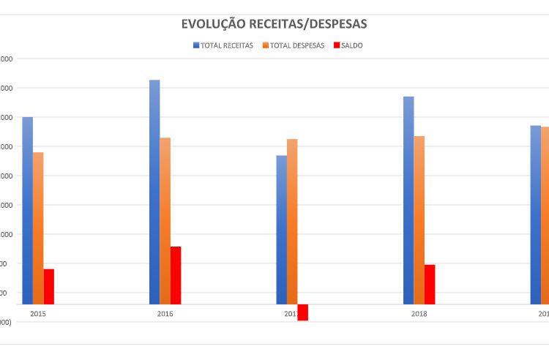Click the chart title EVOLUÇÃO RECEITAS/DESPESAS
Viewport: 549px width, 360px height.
coord(274,24)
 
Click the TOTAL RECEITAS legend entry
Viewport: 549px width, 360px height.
coord(223,45)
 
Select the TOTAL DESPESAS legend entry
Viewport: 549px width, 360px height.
coord(292,45)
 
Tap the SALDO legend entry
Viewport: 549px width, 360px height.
coord(348,45)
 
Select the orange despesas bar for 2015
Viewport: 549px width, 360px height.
coord(38,228)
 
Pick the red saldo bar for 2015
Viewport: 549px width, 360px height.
coord(49,286)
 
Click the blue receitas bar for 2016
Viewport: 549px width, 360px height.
coord(154,192)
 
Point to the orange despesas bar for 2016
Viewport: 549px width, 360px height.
coord(165,220)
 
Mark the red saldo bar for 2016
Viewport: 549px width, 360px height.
coord(176,275)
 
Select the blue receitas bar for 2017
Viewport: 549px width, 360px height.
coord(281,229)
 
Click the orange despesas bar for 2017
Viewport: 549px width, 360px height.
coord(292,221)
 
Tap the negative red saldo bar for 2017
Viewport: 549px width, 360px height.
coord(302,312)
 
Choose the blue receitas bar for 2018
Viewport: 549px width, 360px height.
coord(408,200)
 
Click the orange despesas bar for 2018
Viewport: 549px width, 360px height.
coord(419,220)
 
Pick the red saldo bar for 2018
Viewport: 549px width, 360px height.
coord(430,284)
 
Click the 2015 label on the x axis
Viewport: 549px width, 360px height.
coord(38,314)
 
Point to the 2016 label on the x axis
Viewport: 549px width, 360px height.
coord(165,314)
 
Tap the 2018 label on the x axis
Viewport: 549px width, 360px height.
coord(419,314)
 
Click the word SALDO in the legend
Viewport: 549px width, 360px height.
coord(352,45)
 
